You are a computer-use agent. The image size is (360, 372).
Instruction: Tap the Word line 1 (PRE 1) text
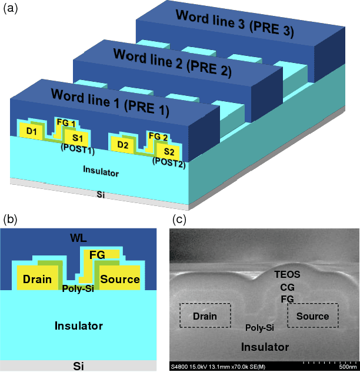(110, 101)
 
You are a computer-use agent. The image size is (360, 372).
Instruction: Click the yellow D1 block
(31, 132)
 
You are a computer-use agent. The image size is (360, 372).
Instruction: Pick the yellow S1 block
(78, 138)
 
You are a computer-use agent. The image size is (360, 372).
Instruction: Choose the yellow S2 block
(169, 152)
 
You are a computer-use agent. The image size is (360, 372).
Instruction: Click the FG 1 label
(65, 122)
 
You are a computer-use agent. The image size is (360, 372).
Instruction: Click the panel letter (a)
(11, 9)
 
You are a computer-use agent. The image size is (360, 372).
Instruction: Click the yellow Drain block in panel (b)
(36, 279)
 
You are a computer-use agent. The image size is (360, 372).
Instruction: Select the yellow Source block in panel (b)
(119, 278)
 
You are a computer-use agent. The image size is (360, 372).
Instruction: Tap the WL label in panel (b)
(78, 238)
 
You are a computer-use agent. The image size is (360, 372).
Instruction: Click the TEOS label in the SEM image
(288, 274)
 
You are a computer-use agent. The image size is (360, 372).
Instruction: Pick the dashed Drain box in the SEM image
(205, 316)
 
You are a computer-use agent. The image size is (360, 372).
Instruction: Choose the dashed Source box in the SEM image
(312, 316)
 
